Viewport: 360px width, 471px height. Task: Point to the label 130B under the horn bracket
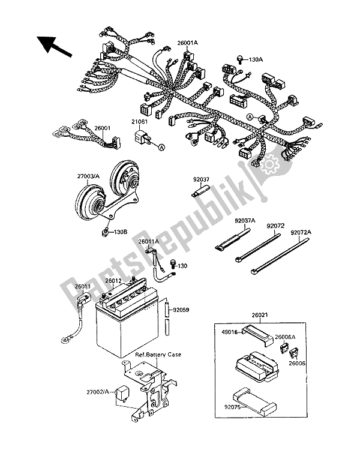[121, 230]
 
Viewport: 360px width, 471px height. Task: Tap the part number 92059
[182, 310]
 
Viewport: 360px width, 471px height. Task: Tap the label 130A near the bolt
[256, 59]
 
